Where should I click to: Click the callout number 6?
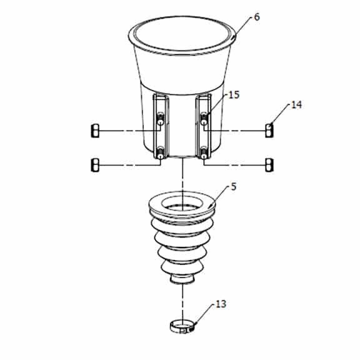click(257, 17)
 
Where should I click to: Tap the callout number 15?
click(234, 95)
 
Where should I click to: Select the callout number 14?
click(296, 105)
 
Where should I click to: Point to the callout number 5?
click(233, 187)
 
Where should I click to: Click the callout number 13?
click(221, 304)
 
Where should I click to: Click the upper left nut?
click(95, 131)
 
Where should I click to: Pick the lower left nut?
click(95, 165)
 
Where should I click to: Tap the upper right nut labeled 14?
click(269, 131)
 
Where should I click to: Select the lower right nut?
click(269, 165)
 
